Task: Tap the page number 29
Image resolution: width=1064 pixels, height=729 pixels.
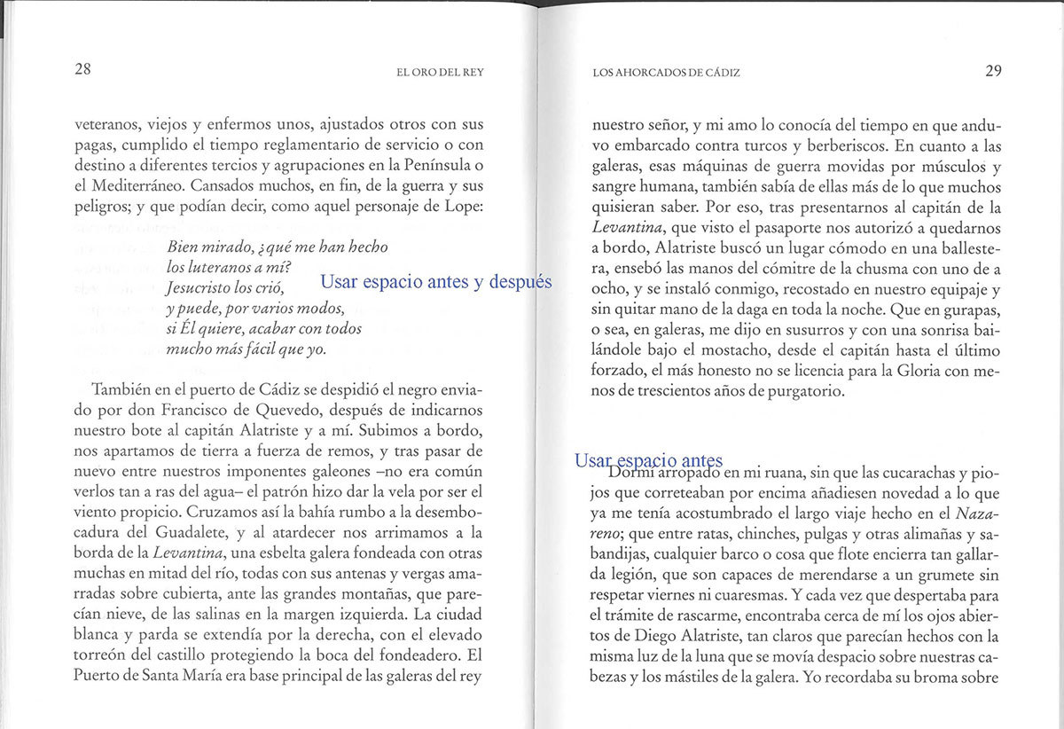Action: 992,71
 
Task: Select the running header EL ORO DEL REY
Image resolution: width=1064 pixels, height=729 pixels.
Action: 440,73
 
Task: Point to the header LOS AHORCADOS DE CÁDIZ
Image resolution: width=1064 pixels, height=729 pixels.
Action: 665,73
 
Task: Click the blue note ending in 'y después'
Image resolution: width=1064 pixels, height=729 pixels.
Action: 435,282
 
